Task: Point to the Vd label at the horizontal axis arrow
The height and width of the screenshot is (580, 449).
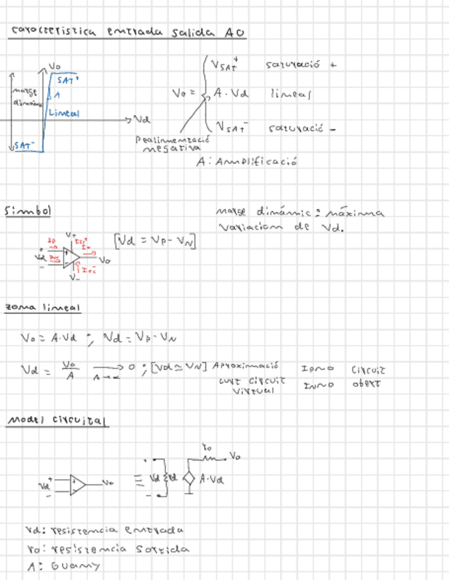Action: click(142, 119)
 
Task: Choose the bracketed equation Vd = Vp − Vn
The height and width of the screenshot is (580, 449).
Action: click(157, 239)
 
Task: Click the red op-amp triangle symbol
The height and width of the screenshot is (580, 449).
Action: click(70, 257)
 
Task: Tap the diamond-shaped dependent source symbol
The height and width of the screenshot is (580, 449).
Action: click(190, 478)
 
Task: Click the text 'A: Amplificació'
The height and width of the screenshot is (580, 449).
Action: click(246, 162)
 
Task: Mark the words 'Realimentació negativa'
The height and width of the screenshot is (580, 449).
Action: click(172, 143)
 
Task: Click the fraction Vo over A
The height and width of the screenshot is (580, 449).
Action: click(68, 370)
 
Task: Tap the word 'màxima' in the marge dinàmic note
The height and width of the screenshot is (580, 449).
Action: click(360, 213)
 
